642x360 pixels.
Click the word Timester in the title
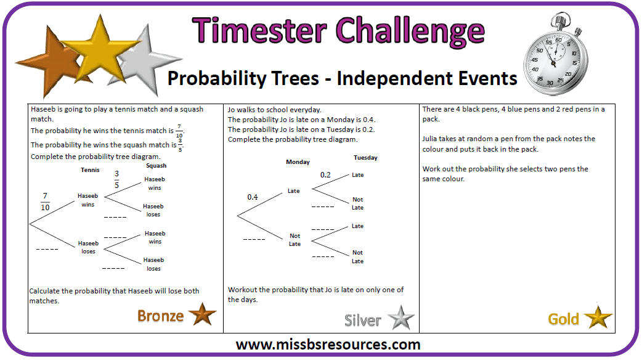[259, 31]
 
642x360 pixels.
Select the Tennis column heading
[90, 170]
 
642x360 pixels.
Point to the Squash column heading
[156, 166]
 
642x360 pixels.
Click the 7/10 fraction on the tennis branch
[45, 202]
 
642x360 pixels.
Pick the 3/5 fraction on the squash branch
[116, 179]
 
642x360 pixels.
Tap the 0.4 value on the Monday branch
[252, 197]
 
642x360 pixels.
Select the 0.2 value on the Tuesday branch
[325, 175]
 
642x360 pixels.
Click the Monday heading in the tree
[298, 162]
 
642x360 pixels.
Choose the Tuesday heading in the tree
[365, 158]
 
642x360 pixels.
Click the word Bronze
[160, 316]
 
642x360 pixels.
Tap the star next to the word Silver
[401, 318]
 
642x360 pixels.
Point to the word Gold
[563, 319]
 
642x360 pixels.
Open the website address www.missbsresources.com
[328, 345]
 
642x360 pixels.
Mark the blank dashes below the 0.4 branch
[254, 239]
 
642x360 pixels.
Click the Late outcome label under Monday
[293, 191]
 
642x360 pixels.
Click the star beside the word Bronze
[202, 314]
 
